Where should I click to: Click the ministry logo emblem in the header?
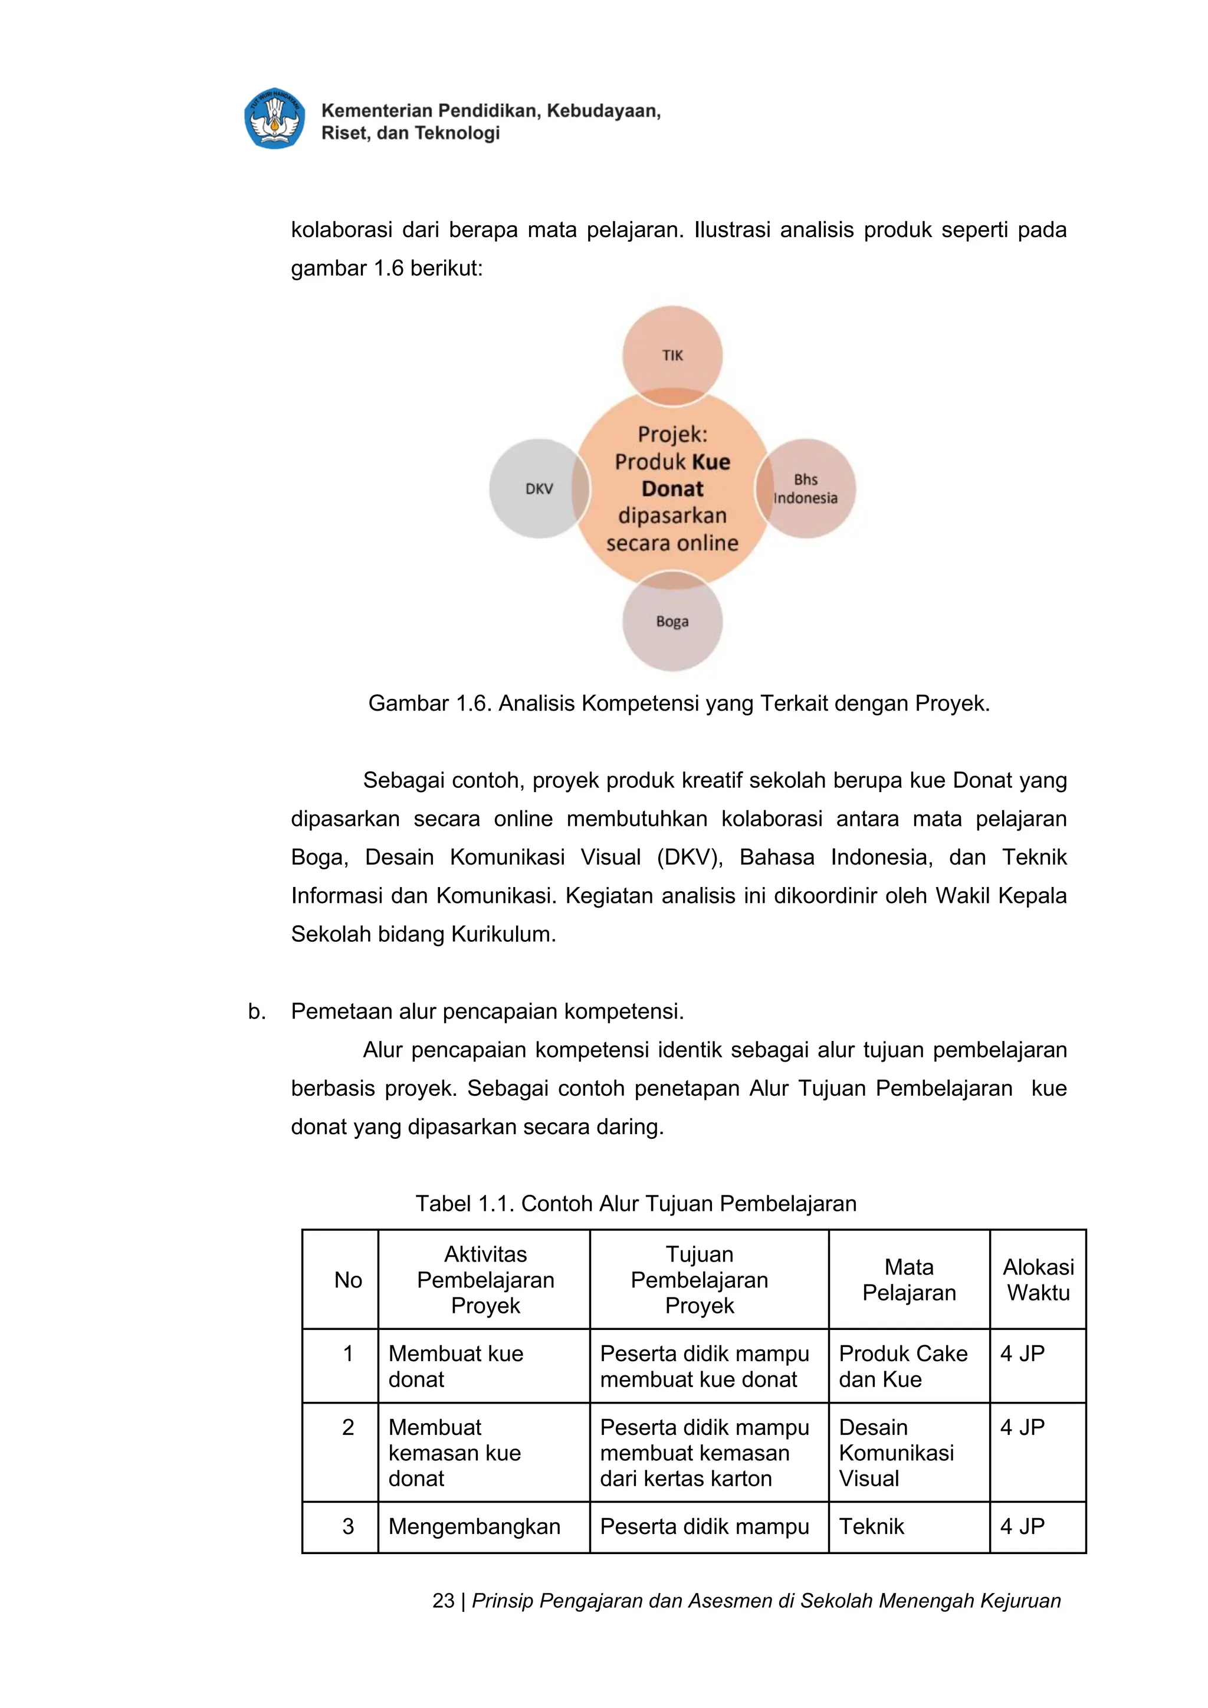tap(274, 119)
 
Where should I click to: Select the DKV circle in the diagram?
tap(539, 489)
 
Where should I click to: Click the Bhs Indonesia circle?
tap(806, 489)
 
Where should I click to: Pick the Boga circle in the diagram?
tap(672, 621)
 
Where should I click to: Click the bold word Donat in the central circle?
tap(672, 489)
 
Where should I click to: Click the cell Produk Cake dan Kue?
tap(903, 1366)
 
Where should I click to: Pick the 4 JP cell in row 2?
tap(1022, 1427)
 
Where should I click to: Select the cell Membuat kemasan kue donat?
tap(455, 1452)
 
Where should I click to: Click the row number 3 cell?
tap(347, 1526)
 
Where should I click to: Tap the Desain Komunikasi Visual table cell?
tap(897, 1452)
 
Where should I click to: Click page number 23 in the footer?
tap(444, 1601)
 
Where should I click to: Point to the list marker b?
tap(257, 1011)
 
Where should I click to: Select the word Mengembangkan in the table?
tap(474, 1526)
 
